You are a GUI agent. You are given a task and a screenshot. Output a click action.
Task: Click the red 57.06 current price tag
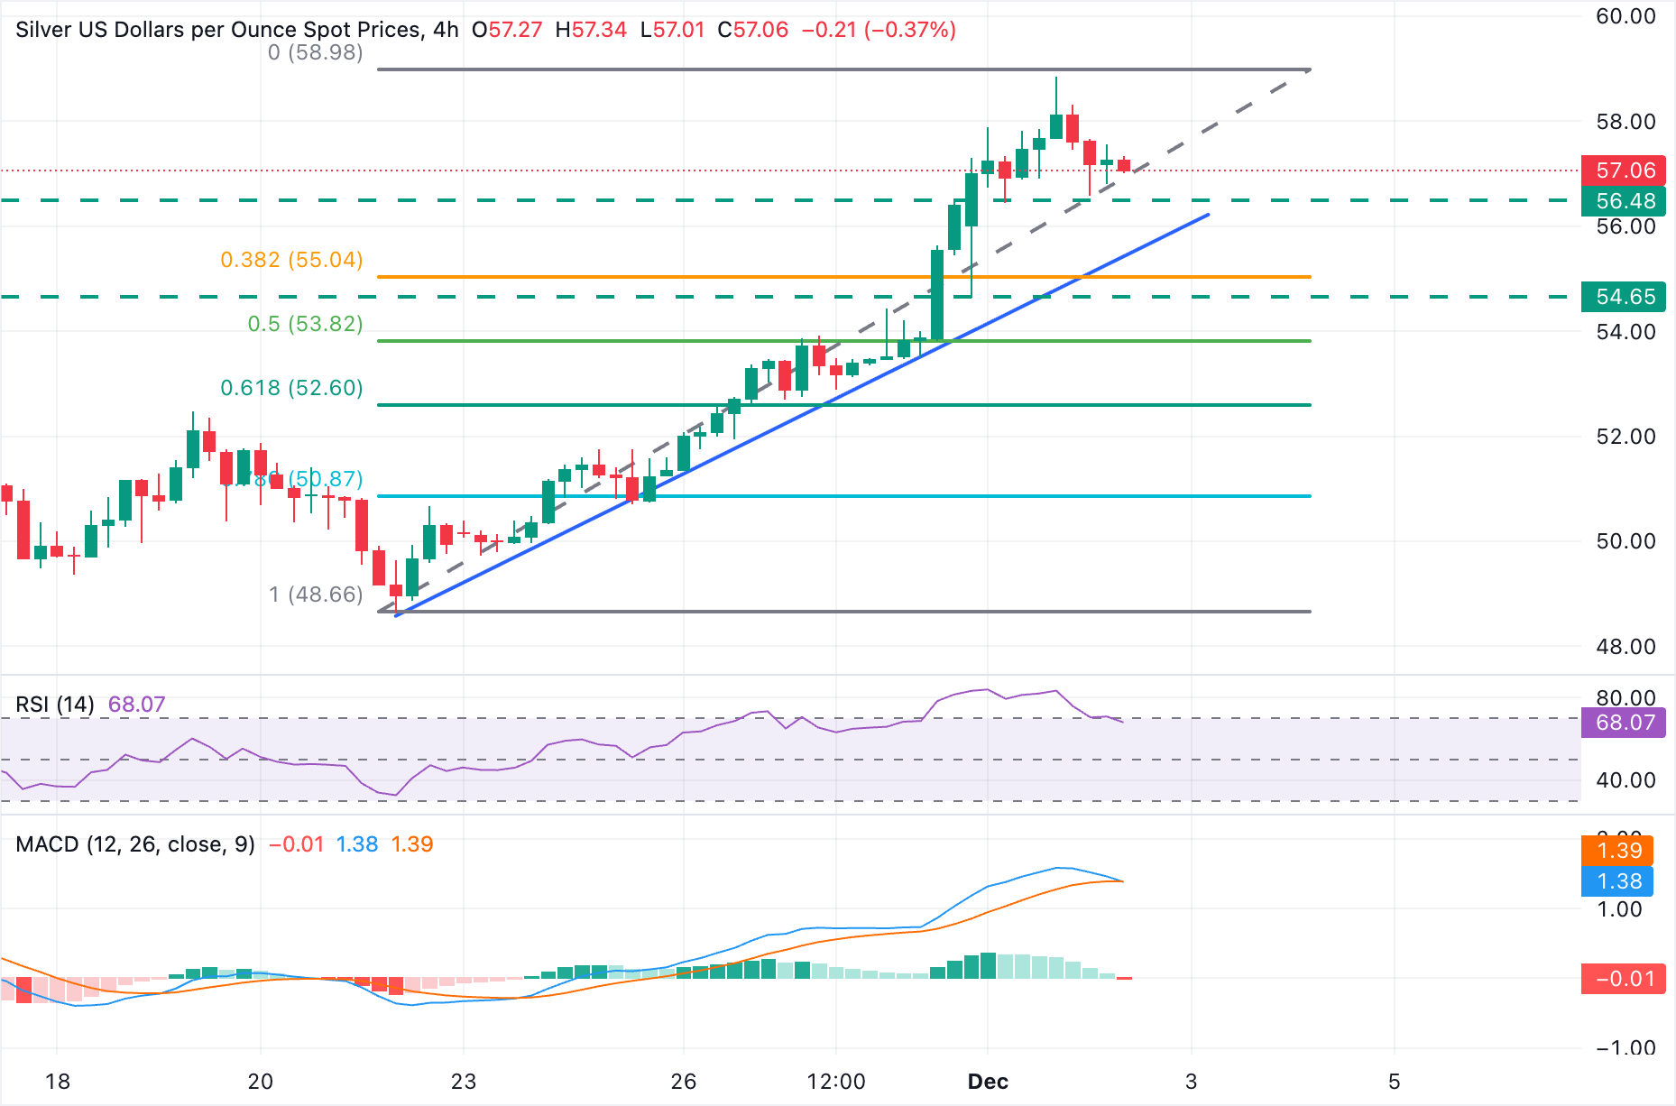(1625, 171)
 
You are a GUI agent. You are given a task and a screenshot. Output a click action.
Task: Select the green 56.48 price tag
(1625, 201)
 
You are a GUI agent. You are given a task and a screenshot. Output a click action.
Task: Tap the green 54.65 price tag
(1625, 297)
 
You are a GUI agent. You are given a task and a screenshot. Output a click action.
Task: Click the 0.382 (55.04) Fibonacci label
(291, 260)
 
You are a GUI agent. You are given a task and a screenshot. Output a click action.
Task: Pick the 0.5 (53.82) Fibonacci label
(305, 324)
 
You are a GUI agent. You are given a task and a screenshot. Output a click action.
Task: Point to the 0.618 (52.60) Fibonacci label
(291, 388)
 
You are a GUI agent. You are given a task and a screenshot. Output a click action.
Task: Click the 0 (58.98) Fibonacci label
(315, 52)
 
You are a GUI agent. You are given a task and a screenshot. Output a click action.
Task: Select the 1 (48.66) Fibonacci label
(315, 594)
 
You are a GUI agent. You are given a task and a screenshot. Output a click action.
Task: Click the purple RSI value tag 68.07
(1625, 723)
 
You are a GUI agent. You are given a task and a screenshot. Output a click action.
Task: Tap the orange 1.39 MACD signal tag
(1618, 851)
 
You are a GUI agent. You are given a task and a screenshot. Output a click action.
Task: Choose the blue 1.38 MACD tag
(1618, 881)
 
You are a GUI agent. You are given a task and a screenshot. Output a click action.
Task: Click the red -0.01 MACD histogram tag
(1625, 979)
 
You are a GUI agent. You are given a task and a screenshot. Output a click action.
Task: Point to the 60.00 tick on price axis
(1625, 16)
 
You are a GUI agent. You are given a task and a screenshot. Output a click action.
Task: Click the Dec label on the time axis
(988, 1082)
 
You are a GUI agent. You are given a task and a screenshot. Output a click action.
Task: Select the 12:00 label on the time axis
(835, 1082)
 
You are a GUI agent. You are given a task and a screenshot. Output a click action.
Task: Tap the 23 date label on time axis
(463, 1082)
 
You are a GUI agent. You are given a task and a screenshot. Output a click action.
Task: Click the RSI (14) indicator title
(55, 705)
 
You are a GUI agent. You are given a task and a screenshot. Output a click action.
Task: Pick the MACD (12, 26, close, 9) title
(135, 844)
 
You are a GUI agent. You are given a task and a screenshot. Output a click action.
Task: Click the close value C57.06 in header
(752, 30)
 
